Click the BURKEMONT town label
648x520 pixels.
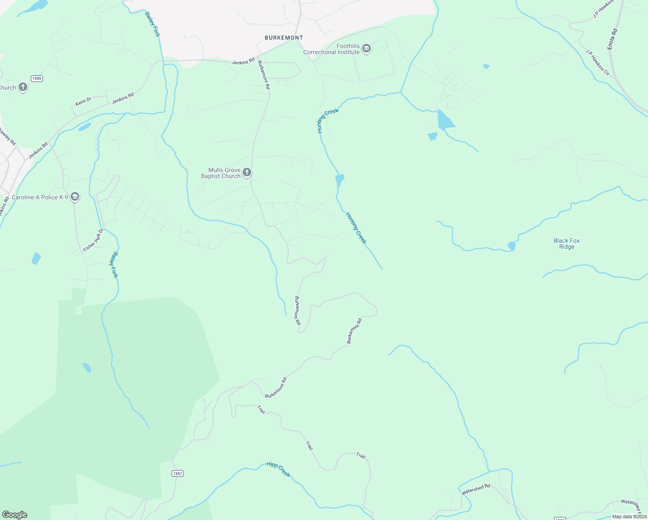coord(284,38)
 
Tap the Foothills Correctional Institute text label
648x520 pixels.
coord(331,49)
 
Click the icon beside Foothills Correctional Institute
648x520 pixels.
coord(366,48)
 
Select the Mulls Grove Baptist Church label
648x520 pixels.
coord(221,173)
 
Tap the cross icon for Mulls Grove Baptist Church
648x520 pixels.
coord(247,173)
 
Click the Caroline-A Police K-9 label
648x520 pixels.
coord(40,197)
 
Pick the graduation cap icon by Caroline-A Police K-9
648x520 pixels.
coord(75,197)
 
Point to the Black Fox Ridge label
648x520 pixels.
coord(567,244)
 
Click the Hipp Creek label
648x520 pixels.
coord(278,469)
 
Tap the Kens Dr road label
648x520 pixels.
coord(83,101)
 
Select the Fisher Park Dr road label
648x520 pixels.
coord(93,240)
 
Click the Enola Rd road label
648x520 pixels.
coord(612,39)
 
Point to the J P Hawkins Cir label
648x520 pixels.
coord(598,63)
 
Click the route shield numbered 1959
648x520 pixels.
coord(37,78)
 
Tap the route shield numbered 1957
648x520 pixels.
coord(177,473)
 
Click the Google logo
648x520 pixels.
coord(15,515)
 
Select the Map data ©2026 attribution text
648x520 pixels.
coord(629,517)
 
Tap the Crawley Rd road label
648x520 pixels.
coord(7,136)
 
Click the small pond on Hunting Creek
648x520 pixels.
coord(340,180)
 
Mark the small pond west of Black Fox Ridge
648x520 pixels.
coord(512,246)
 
